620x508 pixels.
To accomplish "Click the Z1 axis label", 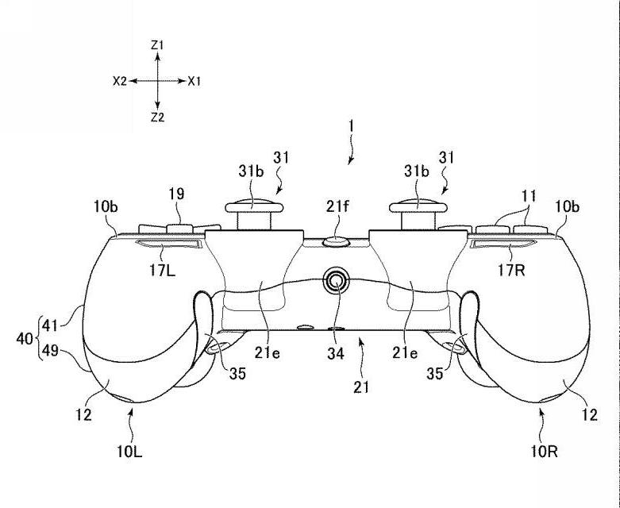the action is pyautogui.click(x=157, y=45).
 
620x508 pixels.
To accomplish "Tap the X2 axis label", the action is pyautogui.click(x=119, y=82).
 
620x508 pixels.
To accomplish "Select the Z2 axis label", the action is pyautogui.click(x=157, y=117).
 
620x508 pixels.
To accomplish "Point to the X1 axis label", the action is pyautogui.click(x=194, y=82).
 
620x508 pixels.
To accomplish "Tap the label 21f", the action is pyautogui.click(x=337, y=206).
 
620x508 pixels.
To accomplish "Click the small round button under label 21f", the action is pyautogui.click(x=336, y=241).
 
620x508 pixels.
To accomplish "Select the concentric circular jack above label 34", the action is pyautogui.click(x=336, y=280).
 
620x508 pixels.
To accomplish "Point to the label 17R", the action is pyautogui.click(x=512, y=271).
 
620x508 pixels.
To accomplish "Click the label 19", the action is pyautogui.click(x=176, y=194).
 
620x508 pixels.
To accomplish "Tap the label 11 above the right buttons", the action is pyautogui.click(x=529, y=196).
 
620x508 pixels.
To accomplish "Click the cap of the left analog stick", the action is pyautogui.click(x=254, y=206).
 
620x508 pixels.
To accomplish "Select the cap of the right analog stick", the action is pyautogui.click(x=418, y=206).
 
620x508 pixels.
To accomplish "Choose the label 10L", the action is pyautogui.click(x=129, y=451).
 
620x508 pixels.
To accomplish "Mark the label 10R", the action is pyautogui.click(x=544, y=451).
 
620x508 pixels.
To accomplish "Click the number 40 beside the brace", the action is pyautogui.click(x=25, y=338).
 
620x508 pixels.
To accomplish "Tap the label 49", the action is pyautogui.click(x=50, y=351).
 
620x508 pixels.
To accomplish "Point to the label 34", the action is pyautogui.click(x=335, y=353).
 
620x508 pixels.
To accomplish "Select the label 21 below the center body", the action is pyautogui.click(x=360, y=387).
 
